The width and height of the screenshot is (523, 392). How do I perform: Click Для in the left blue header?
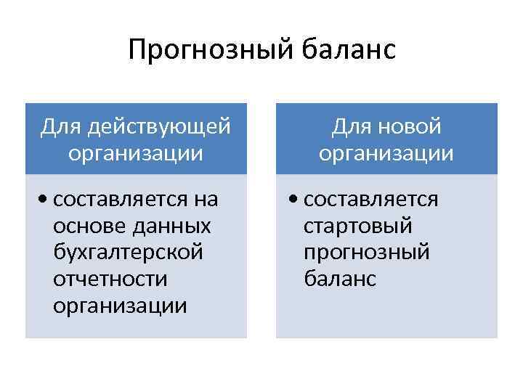click(x=61, y=127)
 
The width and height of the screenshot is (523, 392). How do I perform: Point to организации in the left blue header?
click(x=136, y=154)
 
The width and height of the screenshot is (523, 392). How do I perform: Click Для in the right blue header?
click(x=352, y=127)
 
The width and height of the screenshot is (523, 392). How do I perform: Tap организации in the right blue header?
click(x=386, y=154)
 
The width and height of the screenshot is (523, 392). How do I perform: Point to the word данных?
click(x=171, y=226)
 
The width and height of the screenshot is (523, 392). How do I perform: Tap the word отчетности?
click(x=110, y=279)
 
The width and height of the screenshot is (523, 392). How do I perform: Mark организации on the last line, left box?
click(x=120, y=306)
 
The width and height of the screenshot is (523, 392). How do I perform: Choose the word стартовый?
click(x=358, y=226)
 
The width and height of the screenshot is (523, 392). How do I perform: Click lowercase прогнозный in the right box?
click(x=367, y=252)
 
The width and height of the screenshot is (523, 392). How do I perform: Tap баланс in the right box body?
click(x=340, y=279)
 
